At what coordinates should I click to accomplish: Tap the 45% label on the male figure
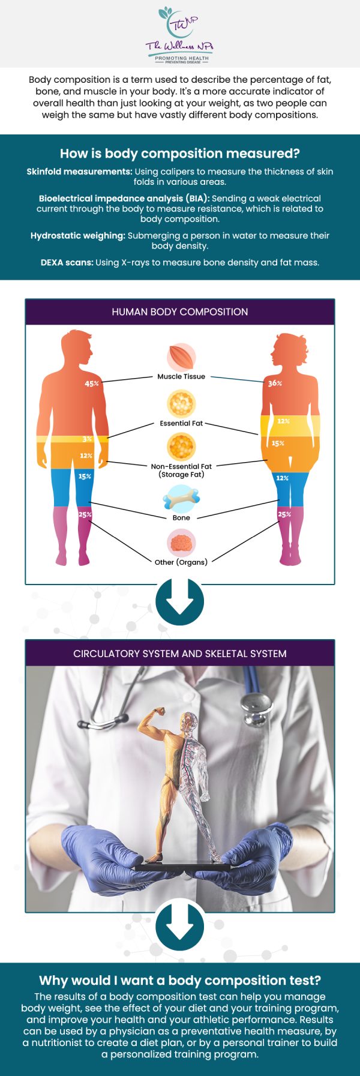[92, 383]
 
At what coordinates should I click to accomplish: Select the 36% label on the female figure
[275, 383]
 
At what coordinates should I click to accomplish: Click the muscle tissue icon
[181, 357]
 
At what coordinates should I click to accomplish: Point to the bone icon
[181, 498]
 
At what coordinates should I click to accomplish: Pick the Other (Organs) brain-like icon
[181, 543]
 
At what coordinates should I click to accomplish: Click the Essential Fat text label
[181, 423]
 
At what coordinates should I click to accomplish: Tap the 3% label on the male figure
[87, 439]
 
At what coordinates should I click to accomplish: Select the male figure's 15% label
[85, 476]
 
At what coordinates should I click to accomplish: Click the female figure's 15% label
[278, 443]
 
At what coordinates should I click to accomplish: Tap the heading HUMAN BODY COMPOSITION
[180, 312]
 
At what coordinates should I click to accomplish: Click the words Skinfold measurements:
[80, 172]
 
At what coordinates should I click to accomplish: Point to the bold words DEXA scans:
[67, 262]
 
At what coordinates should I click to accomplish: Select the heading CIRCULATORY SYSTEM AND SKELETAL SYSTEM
[180, 654]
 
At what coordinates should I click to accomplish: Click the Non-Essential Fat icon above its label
[181, 446]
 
